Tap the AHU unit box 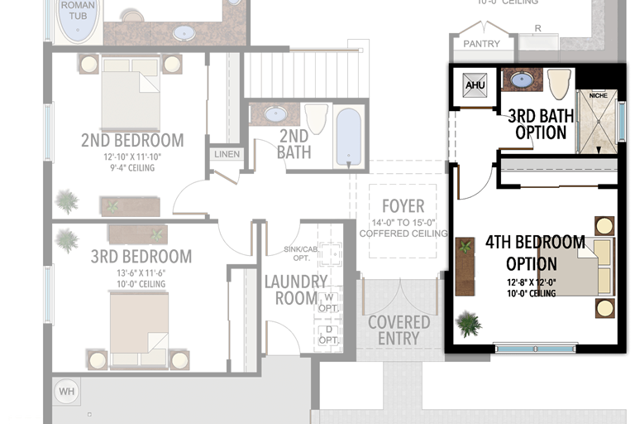click(x=475, y=86)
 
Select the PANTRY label click(x=480, y=43)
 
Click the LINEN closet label click(x=226, y=154)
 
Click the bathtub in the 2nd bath click(x=349, y=137)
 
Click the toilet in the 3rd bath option click(x=559, y=83)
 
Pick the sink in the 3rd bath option click(x=521, y=80)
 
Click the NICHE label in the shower click(x=598, y=95)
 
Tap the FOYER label click(x=403, y=206)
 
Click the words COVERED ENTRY click(x=399, y=330)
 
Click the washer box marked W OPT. click(x=329, y=302)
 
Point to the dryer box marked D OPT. click(x=329, y=335)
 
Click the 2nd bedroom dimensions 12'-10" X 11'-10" click(x=131, y=157)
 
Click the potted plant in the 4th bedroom click(x=468, y=322)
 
